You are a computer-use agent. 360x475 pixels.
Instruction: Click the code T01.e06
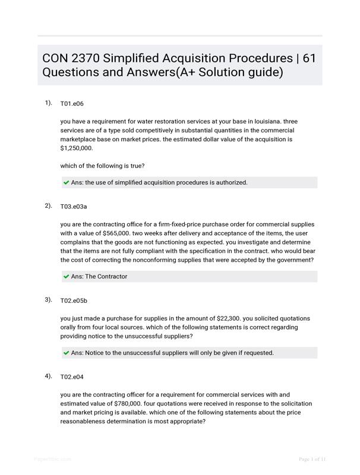click(x=72, y=104)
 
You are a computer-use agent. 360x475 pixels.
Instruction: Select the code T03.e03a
click(x=74, y=207)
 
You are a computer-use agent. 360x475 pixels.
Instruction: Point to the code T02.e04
click(x=72, y=377)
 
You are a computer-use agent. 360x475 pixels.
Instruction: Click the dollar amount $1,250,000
click(x=77, y=148)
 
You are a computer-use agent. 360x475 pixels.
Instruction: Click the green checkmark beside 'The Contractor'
click(x=66, y=277)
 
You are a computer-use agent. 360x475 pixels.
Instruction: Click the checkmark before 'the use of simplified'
click(x=66, y=183)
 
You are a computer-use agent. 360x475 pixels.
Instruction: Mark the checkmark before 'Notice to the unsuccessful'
click(x=66, y=353)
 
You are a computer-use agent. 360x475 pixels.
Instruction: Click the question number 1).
click(x=48, y=103)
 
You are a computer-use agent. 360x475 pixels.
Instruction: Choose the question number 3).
click(x=48, y=300)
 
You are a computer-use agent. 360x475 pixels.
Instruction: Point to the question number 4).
click(x=48, y=376)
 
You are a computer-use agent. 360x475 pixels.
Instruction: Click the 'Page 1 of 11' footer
click(x=312, y=459)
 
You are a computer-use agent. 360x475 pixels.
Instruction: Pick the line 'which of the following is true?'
click(x=102, y=166)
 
